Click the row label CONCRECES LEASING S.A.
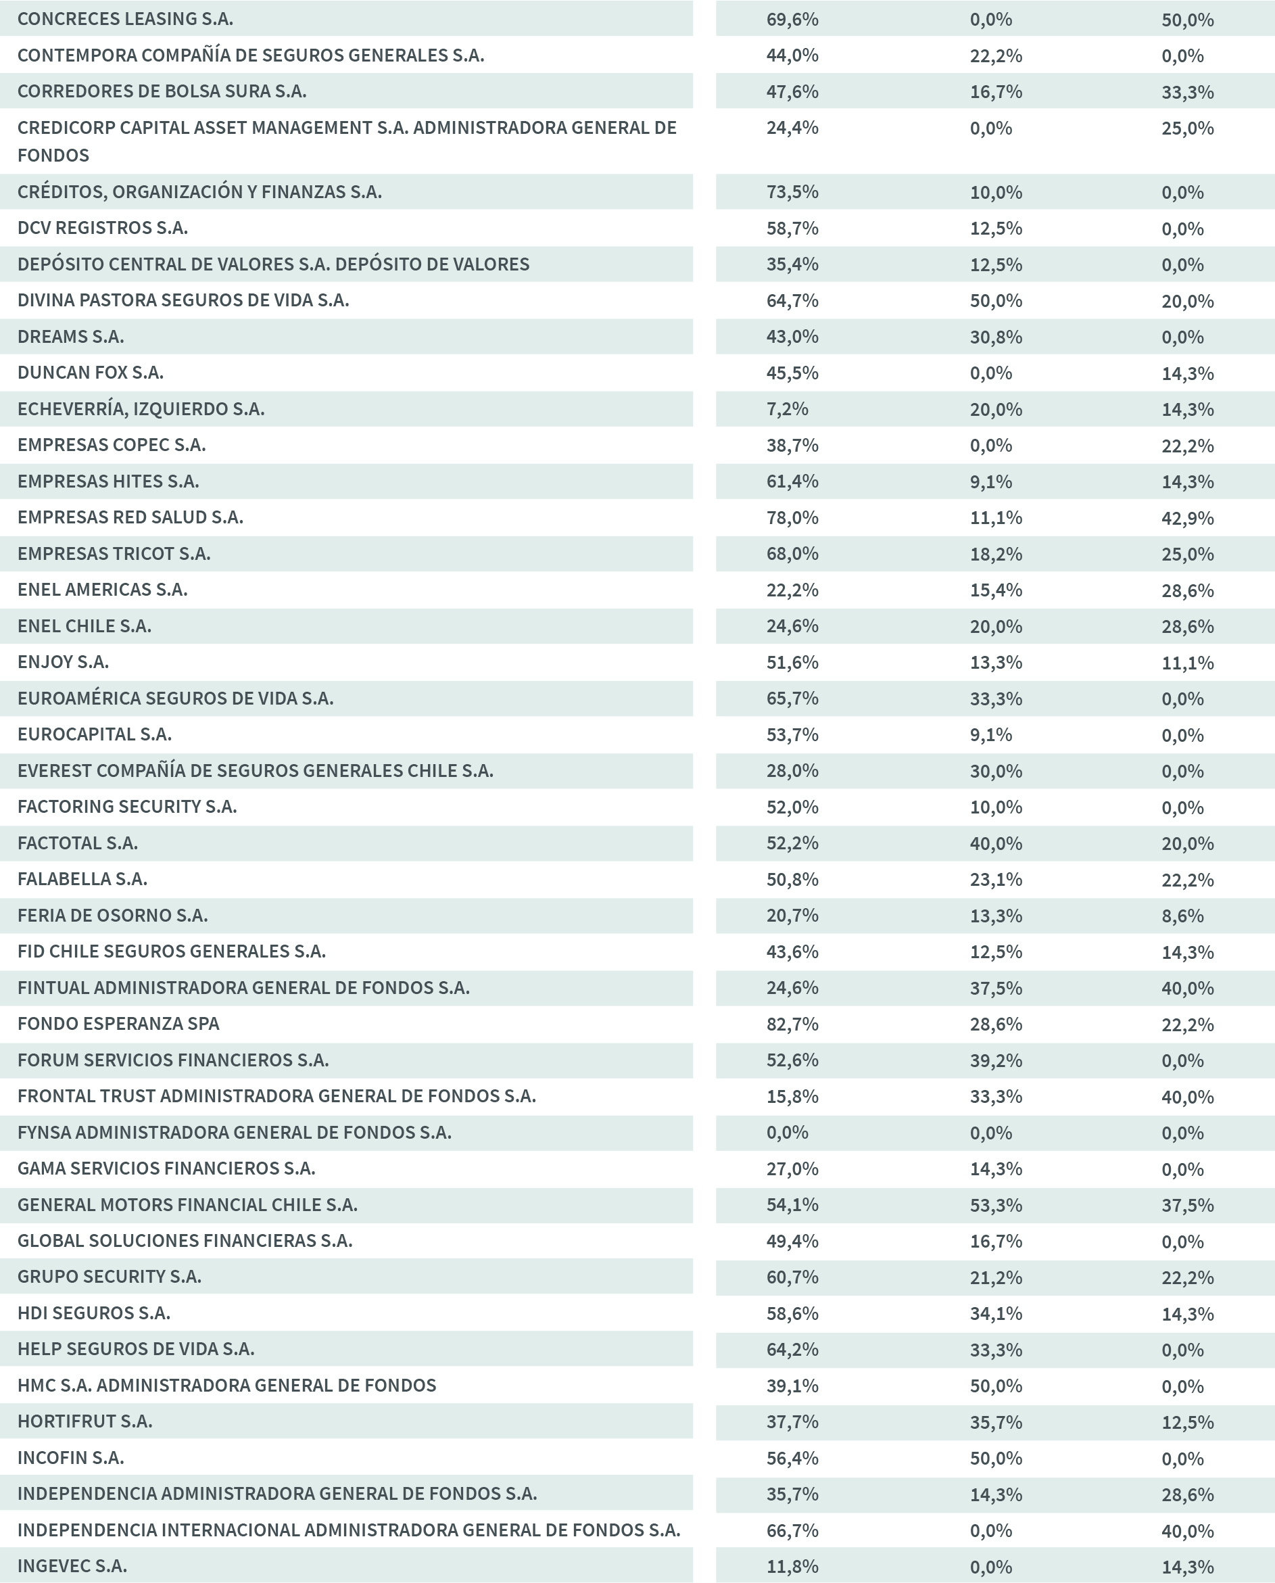125,19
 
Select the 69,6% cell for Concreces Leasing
792,20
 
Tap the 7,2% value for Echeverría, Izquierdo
787,409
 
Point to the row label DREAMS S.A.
70,337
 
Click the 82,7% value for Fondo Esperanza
792,1024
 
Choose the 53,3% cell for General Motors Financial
995,1206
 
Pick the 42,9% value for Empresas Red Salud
1187,518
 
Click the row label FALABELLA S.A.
82,879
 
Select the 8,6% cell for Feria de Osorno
1182,916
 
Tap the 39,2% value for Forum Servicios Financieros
995,1061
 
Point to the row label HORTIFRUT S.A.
85,1421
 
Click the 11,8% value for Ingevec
792,1567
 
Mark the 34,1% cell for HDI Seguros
995,1313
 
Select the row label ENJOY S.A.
63,662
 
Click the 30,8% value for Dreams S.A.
995,337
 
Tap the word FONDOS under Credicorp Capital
53,156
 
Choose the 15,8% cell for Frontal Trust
792,1097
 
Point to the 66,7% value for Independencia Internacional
792,1531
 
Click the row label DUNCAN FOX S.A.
91,373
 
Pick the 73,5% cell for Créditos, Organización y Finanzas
792,193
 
